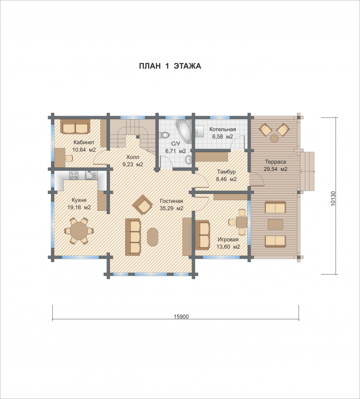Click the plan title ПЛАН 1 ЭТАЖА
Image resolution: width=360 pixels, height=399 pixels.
(x=170, y=66)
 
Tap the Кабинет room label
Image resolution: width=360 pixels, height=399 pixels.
(x=84, y=142)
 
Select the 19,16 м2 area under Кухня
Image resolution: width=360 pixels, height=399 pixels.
(x=79, y=207)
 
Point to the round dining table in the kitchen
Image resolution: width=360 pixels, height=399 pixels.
(x=79, y=231)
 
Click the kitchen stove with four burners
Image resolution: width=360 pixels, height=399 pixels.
(x=74, y=175)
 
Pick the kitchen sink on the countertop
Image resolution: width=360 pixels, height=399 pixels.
(x=91, y=175)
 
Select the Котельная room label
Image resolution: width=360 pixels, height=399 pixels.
(x=223, y=129)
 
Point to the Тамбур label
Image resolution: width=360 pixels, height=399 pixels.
(x=227, y=172)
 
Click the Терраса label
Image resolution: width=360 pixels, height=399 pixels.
(x=276, y=162)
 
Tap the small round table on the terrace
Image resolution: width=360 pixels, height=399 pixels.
(x=274, y=138)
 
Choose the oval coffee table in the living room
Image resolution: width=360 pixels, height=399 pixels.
(x=153, y=237)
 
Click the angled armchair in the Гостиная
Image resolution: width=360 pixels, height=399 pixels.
(x=143, y=205)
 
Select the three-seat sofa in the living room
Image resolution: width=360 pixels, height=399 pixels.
(x=133, y=237)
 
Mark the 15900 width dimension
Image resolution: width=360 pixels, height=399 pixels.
(x=181, y=316)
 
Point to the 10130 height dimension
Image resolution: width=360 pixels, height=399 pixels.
(x=333, y=198)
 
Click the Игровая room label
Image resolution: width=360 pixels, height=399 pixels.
(x=228, y=240)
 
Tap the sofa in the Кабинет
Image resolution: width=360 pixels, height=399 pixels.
(x=75, y=126)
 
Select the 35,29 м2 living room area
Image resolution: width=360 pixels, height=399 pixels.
(x=171, y=208)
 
